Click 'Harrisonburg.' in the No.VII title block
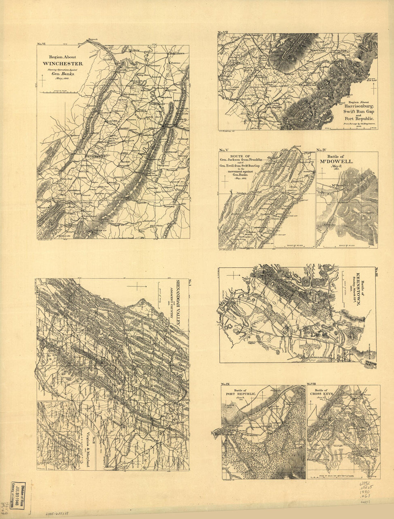[359, 106]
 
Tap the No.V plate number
[224, 150]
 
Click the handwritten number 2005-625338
[58, 513]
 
